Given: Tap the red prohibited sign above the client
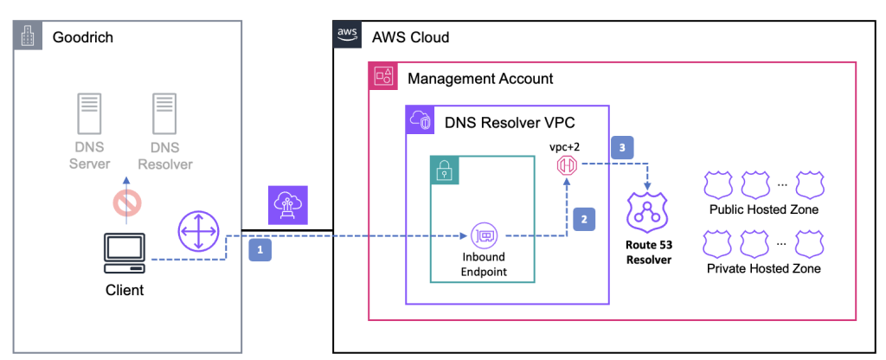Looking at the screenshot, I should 125,202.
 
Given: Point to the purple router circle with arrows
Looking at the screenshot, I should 198,234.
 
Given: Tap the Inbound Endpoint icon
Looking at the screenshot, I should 483,235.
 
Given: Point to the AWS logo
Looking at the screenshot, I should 349,35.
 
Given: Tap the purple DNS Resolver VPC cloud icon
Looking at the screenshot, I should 421,121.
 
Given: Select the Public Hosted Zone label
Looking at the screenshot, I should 763,209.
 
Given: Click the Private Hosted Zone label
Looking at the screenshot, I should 764,269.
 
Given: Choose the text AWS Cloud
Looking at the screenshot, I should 411,38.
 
